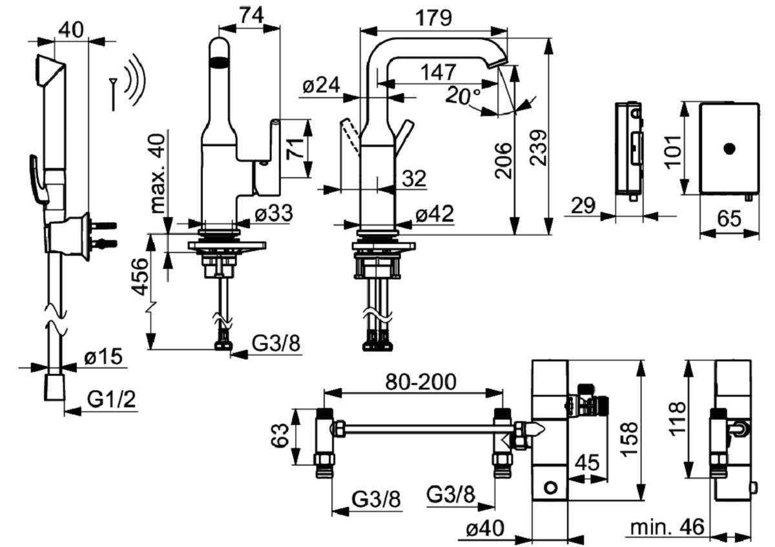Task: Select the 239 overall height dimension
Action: point(540,148)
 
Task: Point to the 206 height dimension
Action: point(503,161)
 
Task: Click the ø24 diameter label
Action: point(321,85)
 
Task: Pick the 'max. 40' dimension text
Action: point(158,173)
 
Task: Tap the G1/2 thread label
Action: point(111,399)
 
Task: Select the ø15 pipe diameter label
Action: point(103,356)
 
